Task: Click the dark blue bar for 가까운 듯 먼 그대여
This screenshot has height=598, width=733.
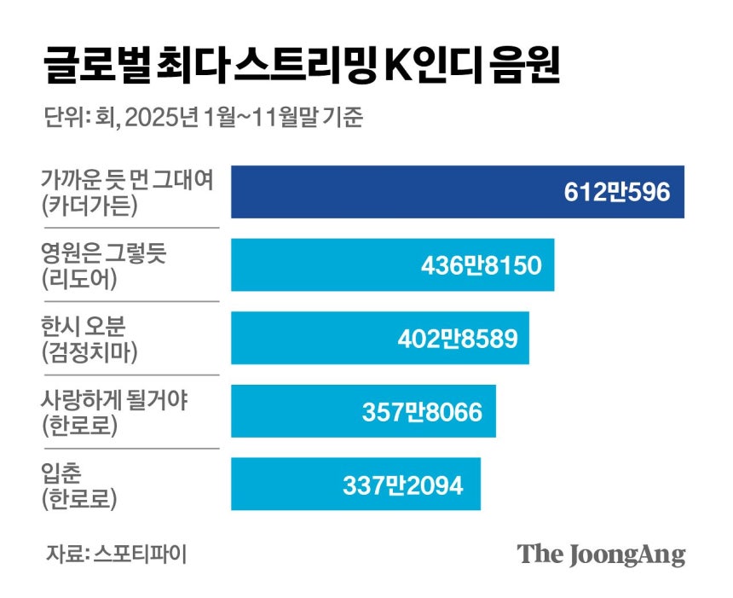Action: click(x=458, y=192)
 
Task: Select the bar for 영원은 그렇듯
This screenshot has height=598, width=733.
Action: click(x=393, y=264)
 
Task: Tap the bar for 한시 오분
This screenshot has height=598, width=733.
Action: click(x=380, y=338)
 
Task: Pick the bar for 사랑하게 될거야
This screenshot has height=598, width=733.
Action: click(x=363, y=411)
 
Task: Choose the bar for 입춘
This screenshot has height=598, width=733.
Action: click(x=355, y=485)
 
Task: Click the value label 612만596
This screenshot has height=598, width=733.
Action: click(x=617, y=192)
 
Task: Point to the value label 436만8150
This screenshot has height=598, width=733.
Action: click(x=481, y=265)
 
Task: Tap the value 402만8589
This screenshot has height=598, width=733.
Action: click(x=458, y=339)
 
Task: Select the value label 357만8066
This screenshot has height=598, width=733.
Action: click(x=422, y=412)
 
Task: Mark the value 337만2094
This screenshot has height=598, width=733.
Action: click(x=403, y=485)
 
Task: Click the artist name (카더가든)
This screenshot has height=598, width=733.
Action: click(x=89, y=206)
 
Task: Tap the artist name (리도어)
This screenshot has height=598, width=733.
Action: click(x=79, y=279)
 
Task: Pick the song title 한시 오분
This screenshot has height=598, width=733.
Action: click(x=84, y=326)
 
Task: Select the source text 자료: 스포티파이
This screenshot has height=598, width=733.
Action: click(x=117, y=554)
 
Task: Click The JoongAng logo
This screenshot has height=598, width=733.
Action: click(x=602, y=555)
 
